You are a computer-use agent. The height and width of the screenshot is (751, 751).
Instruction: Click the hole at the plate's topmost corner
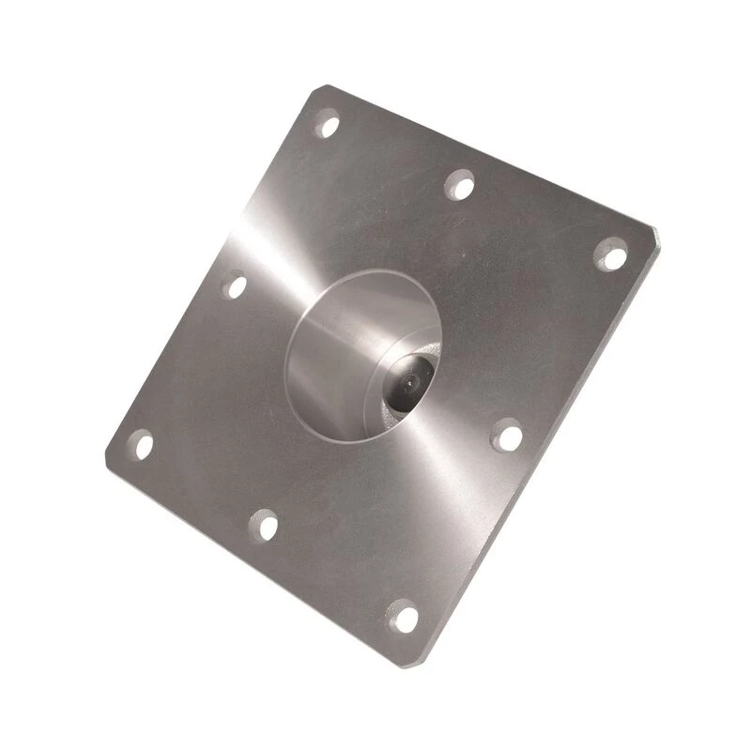[326, 122]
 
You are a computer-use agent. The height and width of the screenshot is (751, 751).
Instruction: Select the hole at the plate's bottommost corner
[404, 617]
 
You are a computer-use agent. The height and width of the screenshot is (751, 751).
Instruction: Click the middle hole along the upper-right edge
[459, 184]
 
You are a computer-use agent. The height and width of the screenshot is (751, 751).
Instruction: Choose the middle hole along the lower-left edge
[266, 527]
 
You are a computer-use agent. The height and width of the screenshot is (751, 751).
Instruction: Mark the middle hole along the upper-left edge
[235, 284]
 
